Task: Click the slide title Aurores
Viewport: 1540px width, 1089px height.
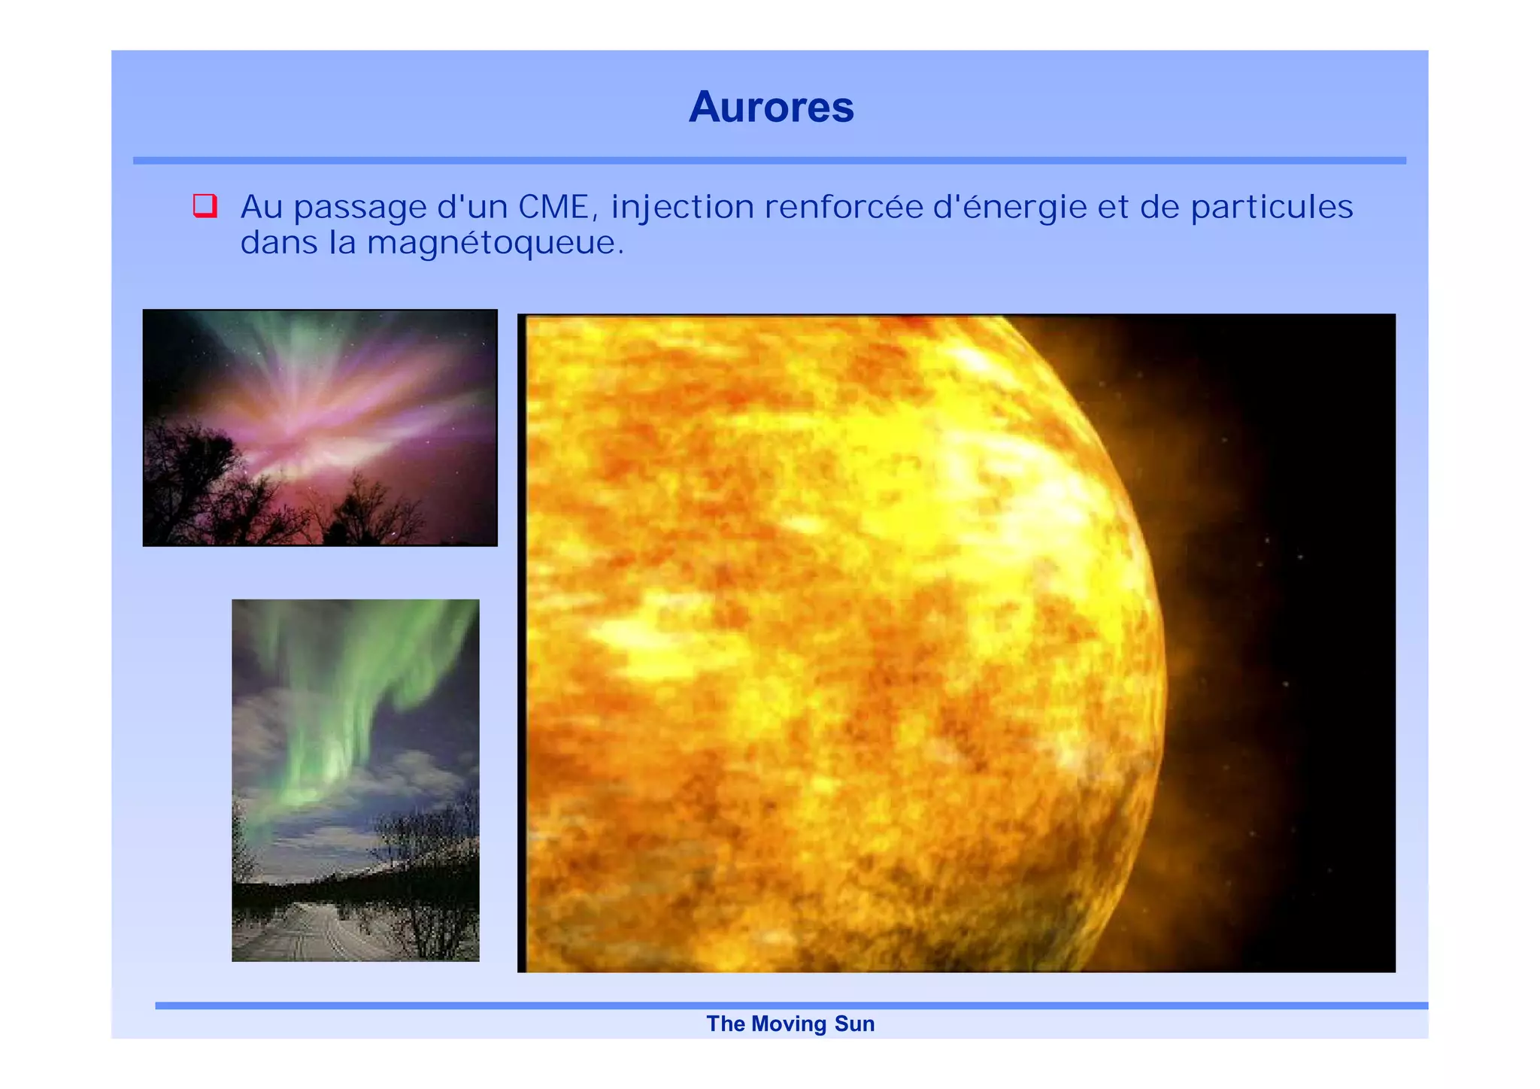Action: [771, 107]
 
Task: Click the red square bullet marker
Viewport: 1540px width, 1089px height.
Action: [205, 205]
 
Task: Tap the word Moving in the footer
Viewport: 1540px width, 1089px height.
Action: [788, 1024]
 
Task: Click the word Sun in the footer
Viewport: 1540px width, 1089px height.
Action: [854, 1024]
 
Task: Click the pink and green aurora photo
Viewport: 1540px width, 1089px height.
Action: [320, 427]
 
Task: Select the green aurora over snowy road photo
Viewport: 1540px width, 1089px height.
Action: [355, 780]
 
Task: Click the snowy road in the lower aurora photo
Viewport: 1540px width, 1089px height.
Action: [316, 933]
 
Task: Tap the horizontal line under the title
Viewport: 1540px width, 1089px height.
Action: [769, 160]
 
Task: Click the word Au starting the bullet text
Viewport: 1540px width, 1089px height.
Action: [261, 207]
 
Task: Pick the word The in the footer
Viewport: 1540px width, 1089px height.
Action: [725, 1024]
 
